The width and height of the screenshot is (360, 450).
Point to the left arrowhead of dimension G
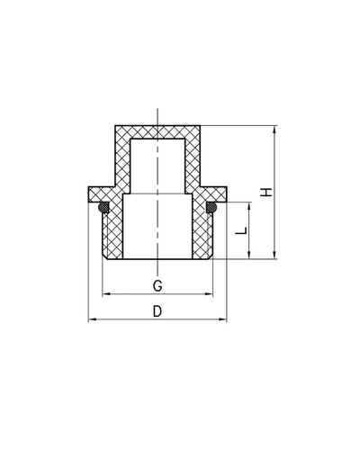coord(106,294)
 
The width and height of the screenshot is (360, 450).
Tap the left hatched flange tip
coord(95,194)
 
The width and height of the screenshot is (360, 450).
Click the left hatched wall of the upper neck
coord(123,162)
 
